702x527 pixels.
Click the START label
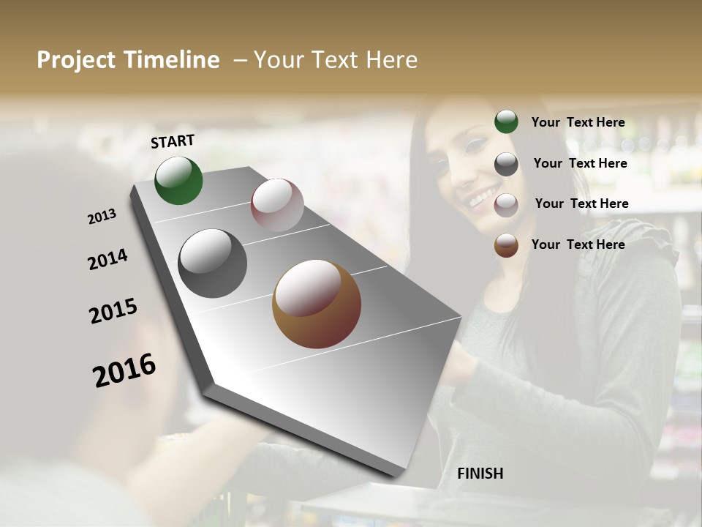point(173,141)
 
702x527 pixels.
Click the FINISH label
point(480,474)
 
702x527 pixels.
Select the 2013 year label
point(102,216)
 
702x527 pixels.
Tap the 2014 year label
point(108,260)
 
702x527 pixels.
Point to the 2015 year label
point(113,311)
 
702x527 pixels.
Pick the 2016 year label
point(124,370)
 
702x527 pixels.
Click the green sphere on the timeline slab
point(178,180)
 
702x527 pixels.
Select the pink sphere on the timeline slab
point(277,204)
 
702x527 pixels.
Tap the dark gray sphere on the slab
point(212,263)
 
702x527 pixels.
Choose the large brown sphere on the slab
point(317,304)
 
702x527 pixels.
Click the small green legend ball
point(506,122)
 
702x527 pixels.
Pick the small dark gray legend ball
point(506,164)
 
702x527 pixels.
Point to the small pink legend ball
point(506,205)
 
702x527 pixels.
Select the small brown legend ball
point(506,246)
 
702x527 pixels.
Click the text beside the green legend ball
point(578,122)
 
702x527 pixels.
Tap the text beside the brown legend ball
point(578,244)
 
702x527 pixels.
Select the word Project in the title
point(77,60)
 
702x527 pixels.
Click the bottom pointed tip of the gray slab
point(397,476)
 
